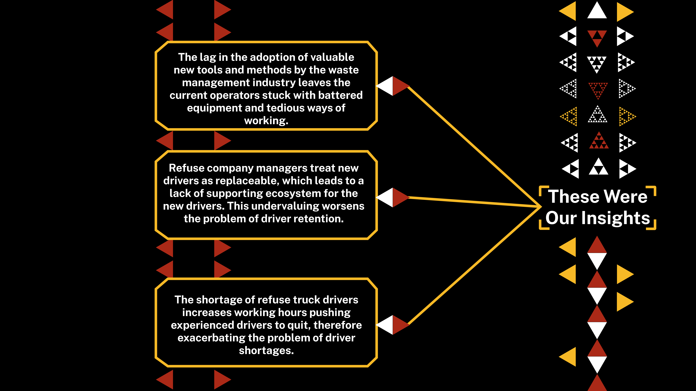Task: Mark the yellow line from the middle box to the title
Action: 473,202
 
